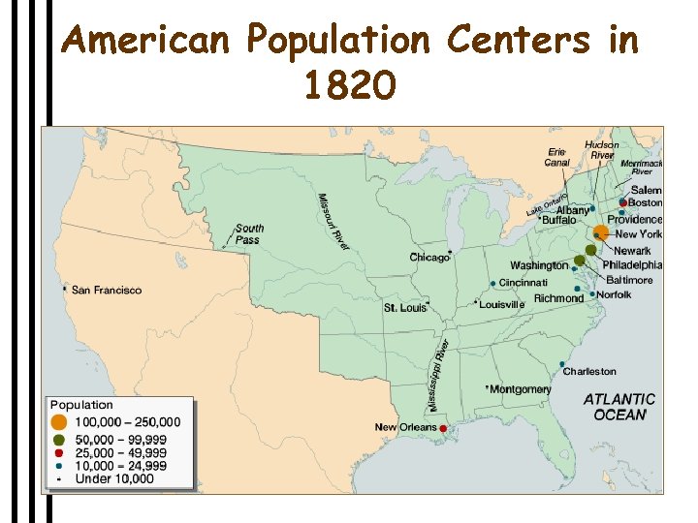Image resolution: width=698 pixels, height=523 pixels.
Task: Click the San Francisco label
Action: pyautogui.click(x=107, y=290)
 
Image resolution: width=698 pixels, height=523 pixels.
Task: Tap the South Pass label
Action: pyautogui.click(x=249, y=233)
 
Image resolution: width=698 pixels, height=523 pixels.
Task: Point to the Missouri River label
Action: pyautogui.click(x=333, y=222)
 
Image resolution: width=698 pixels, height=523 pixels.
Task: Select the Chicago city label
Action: pyautogui.click(x=429, y=258)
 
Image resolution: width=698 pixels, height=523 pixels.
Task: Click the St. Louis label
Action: pyautogui.click(x=404, y=308)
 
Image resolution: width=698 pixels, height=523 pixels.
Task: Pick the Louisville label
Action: pyautogui.click(x=502, y=304)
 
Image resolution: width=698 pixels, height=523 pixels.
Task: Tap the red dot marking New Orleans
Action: pyautogui.click(x=443, y=428)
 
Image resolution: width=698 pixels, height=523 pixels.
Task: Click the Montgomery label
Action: pyautogui.click(x=521, y=389)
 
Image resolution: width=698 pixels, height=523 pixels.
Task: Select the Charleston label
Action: pyautogui.click(x=589, y=371)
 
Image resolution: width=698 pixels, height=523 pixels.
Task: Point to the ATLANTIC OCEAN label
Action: pyautogui.click(x=619, y=407)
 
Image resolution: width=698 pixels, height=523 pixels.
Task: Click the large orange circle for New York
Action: pyautogui.click(x=601, y=232)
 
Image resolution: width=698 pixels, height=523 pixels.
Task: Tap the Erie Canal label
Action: pyautogui.click(x=557, y=157)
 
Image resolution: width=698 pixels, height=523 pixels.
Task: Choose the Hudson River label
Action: pyautogui.click(x=602, y=150)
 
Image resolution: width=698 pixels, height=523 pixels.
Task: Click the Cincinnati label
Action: pyautogui.click(x=523, y=282)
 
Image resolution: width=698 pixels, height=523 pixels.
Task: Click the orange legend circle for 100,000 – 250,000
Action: pyautogui.click(x=59, y=422)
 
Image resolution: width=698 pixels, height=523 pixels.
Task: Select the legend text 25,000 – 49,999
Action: pyautogui.click(x=121, y=452)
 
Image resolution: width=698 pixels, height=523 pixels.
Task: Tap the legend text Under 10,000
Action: pyautogui.click(x=114, y=478)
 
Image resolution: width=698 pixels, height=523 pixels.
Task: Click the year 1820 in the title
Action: pyautogui.click(x=349, y=87)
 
